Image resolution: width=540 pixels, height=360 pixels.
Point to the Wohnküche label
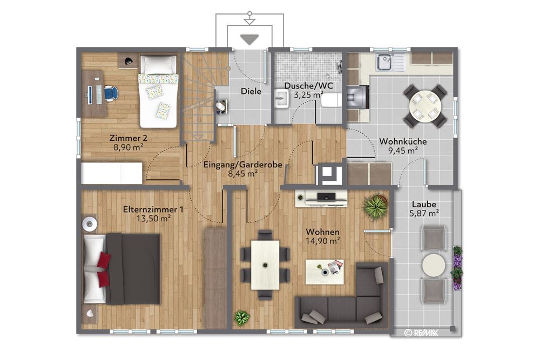pyautogui.click(x=403, y=141)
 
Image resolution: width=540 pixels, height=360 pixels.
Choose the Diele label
pyautogui.click(x=251, y=91)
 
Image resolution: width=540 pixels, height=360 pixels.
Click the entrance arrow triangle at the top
pyautogui.click(x=249, y=39)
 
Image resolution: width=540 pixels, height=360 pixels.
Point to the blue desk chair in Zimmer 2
pyautogui.click(x=111, y=93)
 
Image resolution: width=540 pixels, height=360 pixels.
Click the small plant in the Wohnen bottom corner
pyautogui.click(x=241, y=318)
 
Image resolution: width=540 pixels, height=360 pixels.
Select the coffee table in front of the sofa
pyautogui.click(x=325, y=271)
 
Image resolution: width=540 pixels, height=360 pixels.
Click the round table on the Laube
pyautogui.click(x=433, y=265)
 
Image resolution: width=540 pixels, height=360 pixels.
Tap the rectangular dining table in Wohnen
pyautogui.click(x=265, y=264)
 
